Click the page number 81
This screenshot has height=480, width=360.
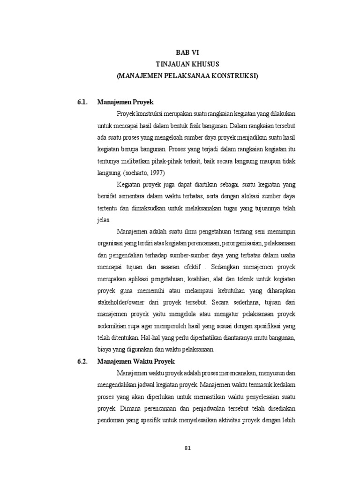coord(187,448)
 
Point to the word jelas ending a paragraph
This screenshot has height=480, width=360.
coord(104,219)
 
